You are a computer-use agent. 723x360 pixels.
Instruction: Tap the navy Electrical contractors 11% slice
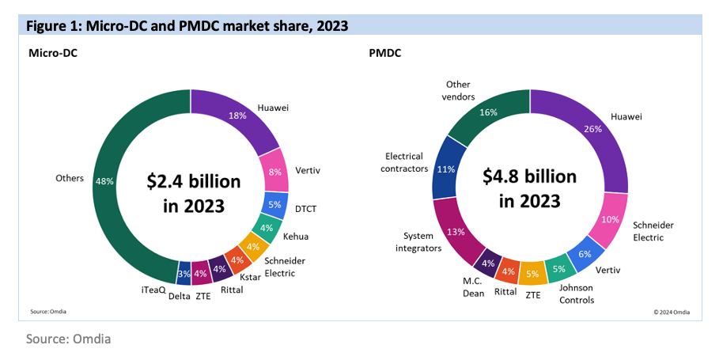coord(447,169)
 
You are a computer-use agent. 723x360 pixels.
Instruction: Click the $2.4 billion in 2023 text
coord(193,193)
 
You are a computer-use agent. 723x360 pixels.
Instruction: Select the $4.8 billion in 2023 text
coord(530,187)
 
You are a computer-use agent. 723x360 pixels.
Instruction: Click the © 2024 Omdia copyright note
coord(671,312)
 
